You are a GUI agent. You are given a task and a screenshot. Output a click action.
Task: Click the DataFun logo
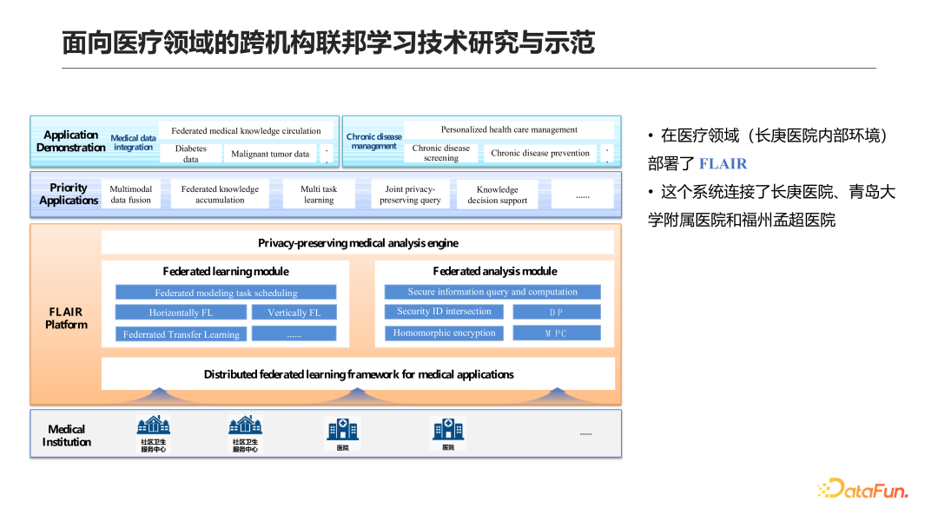click(x=862, y=489)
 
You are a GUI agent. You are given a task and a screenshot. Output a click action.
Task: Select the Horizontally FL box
click(x=181, y=313)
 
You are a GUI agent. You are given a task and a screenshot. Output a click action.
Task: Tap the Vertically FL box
click(x=294, y=313)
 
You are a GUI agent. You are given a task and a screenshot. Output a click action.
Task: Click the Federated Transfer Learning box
click(x=181, y=334)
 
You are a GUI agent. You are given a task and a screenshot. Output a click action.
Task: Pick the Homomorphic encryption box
click(x=444, y=333)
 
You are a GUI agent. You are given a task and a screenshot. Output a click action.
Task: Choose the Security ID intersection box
click(x=444, y=312)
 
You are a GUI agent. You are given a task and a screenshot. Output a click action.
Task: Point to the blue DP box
click(x=556, y=312)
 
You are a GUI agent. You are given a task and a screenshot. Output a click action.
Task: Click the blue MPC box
click(x=556, y=333)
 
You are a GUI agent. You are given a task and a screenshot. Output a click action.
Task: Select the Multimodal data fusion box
click(x=131, y=195)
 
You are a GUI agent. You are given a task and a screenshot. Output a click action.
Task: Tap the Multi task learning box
click(x=319, y=195)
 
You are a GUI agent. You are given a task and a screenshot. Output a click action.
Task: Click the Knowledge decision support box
click(x=498, y=195)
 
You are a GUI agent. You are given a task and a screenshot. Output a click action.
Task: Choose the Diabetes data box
click(x=191, y=154)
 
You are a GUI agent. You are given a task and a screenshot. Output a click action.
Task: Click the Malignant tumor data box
click(x=270, y=154)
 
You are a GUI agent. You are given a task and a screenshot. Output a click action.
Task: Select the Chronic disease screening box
click(x=441, y=153)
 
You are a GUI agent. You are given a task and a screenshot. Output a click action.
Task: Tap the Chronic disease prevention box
click(x=540, y=153)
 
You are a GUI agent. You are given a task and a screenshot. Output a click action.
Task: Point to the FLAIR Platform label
click(x=67, y=318)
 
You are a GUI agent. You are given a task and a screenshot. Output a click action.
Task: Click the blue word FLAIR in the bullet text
click(x=723, y=163)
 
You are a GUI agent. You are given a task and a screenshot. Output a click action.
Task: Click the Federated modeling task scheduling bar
click(x=226, y=293)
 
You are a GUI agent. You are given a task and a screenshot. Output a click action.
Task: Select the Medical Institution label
click(x=67, y=435)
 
